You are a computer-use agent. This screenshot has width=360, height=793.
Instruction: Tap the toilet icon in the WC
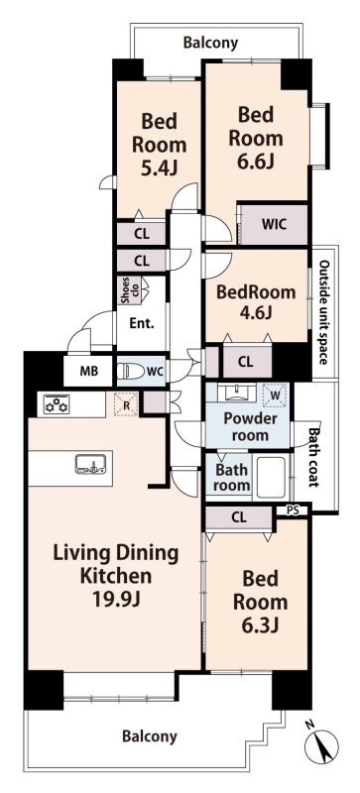pyautogui.click(x=130, y=371)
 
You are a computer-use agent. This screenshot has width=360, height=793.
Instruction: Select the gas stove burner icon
pyautogui.click(x=57, y=404)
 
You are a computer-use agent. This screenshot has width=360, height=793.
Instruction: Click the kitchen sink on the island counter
pyautogui.click(x=90, y=464)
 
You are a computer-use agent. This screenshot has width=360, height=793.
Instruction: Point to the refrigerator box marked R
pyautogui.click(x=126, y=404)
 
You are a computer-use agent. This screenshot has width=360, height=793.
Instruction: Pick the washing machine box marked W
pyautogui.click(x=276, y=394)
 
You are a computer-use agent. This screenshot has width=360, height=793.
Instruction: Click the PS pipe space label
pyautogui.click(x=293, y=510)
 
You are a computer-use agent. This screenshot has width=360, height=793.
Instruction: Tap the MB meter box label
pyautogui.click(x=88, y=370)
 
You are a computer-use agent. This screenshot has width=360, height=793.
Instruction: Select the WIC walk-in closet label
pyautogui.click(x=274, y=224)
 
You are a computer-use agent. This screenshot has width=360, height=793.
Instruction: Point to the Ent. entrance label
pyautogui.click(x=141, y=324)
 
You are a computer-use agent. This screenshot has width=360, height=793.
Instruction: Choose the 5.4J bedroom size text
pyautogui.click(x=159, y=168)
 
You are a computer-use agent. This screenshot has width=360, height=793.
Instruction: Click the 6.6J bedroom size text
pyautogui.click(x=256, y=162)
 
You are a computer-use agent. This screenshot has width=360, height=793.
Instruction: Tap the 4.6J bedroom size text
pyautogui.click(x=256, y=312)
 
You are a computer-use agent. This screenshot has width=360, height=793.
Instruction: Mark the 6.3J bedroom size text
pyautogui.click(x=260, y=625)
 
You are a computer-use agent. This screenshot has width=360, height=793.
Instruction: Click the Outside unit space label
pyautogui.click(x=324, y=312)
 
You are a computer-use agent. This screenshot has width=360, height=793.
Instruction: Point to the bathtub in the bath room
pyautogui.click(x=271, y=478)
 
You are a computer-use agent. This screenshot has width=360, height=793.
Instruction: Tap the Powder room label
pyautogui.click(x=251, y=426)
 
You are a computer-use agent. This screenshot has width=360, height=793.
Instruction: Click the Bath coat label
pyautogui.click(x=314, y=458)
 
